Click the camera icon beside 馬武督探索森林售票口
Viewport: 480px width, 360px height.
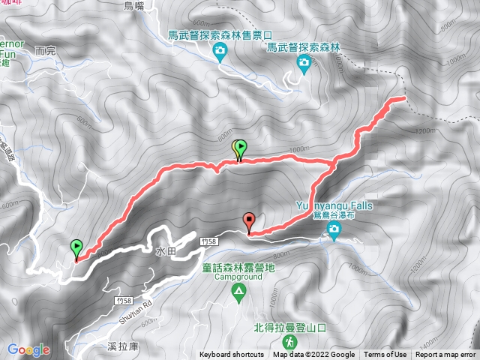pos(220,51)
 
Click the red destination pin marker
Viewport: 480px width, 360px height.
pos(249,222)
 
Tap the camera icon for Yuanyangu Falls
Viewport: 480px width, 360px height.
pos(334,235)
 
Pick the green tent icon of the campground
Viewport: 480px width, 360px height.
pos(238,290)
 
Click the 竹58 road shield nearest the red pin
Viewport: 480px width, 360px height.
pos(210,241)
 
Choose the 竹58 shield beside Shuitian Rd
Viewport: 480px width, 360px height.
pos(126,299)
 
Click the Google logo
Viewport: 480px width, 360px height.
pos(29,349)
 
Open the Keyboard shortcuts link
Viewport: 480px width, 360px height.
pos(231,355)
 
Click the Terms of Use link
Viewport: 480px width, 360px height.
pos(385,355)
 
